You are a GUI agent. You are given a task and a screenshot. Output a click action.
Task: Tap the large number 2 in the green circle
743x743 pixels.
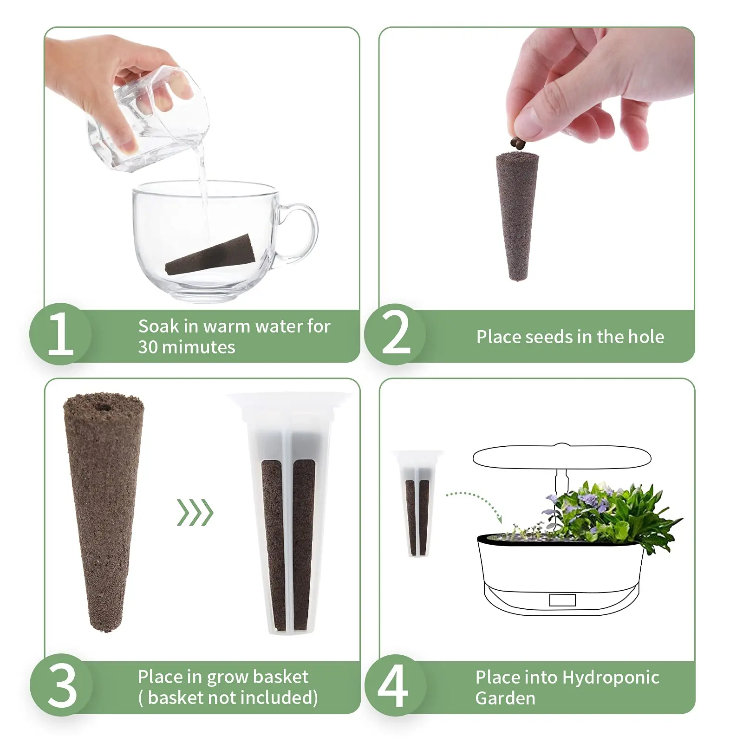click(396, 333)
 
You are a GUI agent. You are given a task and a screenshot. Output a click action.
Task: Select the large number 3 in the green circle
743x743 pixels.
click(62, 685)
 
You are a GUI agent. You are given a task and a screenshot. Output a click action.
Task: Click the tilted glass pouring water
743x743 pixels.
click(149, 121)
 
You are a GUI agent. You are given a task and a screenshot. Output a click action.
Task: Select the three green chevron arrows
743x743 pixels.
click(195, 513)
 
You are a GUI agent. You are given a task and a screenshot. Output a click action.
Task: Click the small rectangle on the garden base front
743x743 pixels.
click(562, 600)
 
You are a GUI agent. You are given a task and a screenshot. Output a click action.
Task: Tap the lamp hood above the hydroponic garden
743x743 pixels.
click(562, 457)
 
